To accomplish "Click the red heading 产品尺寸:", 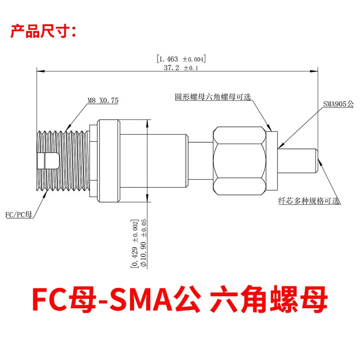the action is point(43,31).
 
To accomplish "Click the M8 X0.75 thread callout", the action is point(103,100).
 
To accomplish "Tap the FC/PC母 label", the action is point(19,215).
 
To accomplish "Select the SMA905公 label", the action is point(338,104).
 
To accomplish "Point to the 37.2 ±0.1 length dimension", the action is point(181,68).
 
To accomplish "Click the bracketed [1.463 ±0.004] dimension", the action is point(181,59).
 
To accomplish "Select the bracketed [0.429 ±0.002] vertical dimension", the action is point(135,243).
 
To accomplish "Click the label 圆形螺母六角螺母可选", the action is point(213,97).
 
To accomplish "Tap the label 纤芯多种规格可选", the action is point(309,201).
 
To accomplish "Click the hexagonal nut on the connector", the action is point(239,161).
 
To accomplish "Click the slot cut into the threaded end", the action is point(48,161).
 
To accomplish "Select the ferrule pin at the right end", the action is point(298,161).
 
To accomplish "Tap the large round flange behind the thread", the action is point(108,161).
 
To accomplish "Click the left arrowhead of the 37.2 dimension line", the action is point(40,72).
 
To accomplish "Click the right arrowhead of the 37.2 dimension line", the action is point(314,72).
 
